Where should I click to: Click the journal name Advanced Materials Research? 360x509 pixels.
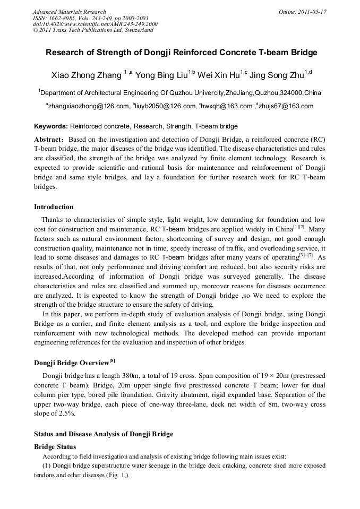(70, 12)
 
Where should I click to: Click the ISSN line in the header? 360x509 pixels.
(90, 18)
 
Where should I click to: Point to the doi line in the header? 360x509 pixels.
(95, 24)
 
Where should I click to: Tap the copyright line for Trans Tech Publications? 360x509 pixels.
(93, 30)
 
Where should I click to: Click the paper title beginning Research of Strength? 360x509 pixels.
(181, 53)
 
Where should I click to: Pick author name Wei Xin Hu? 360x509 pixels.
(218, 74)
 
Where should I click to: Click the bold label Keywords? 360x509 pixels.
(51, 126)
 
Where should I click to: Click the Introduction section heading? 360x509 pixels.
(54, 207)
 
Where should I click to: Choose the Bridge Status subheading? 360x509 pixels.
(55, 446)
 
